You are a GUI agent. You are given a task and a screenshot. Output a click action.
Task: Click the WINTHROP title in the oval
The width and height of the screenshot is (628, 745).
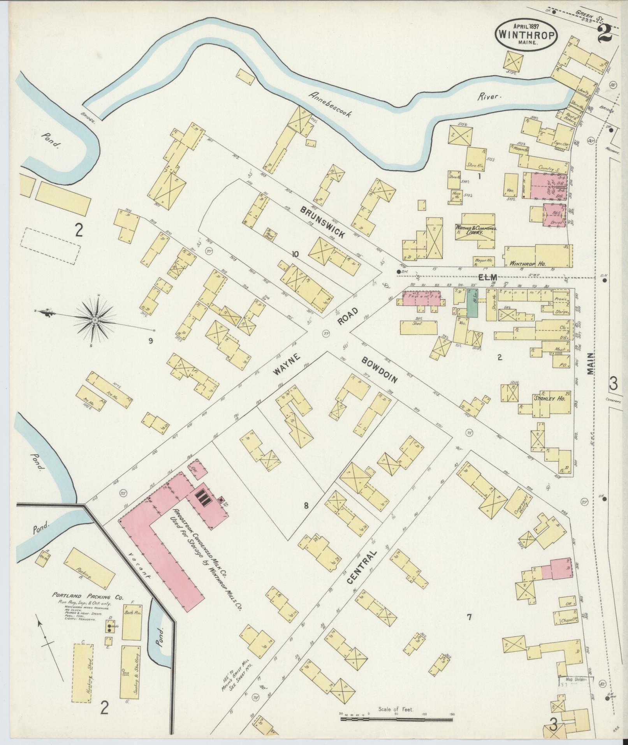[526, 35]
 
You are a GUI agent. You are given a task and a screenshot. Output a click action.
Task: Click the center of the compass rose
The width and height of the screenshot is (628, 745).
[95, 320]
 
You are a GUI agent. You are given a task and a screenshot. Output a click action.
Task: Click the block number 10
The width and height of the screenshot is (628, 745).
[295, 254]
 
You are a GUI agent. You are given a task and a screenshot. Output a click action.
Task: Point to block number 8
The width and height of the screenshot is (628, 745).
[306, 506]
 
